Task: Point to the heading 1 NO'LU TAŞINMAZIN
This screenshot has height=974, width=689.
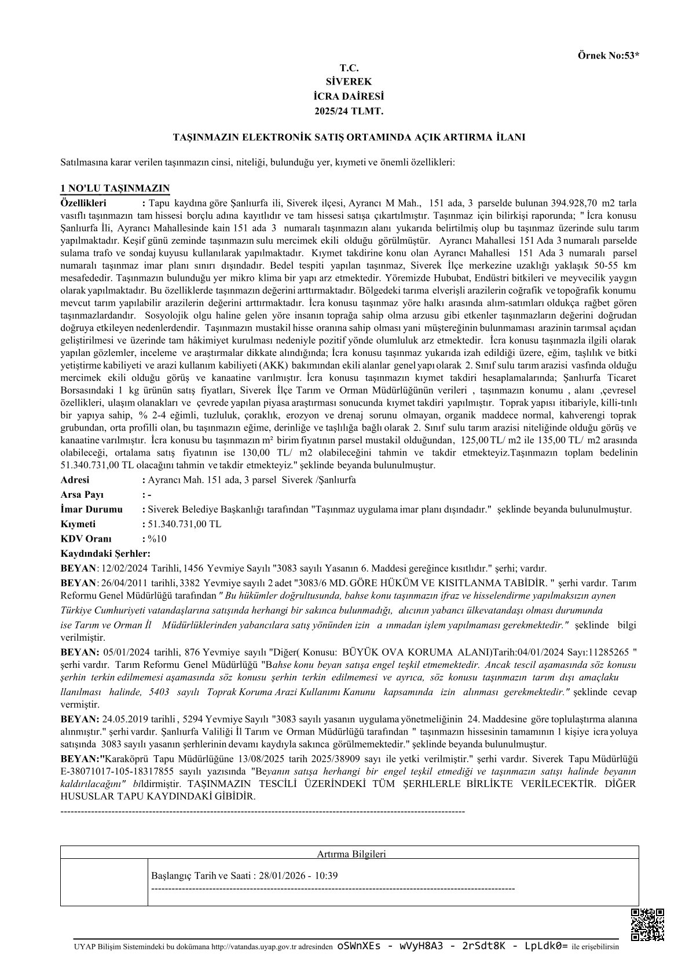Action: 115,189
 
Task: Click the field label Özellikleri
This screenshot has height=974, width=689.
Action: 84,203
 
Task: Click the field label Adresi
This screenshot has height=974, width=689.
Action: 75,480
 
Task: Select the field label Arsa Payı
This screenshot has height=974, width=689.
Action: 82,495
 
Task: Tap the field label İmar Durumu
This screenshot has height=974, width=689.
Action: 91,509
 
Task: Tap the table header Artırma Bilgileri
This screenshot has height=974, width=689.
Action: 351,854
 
